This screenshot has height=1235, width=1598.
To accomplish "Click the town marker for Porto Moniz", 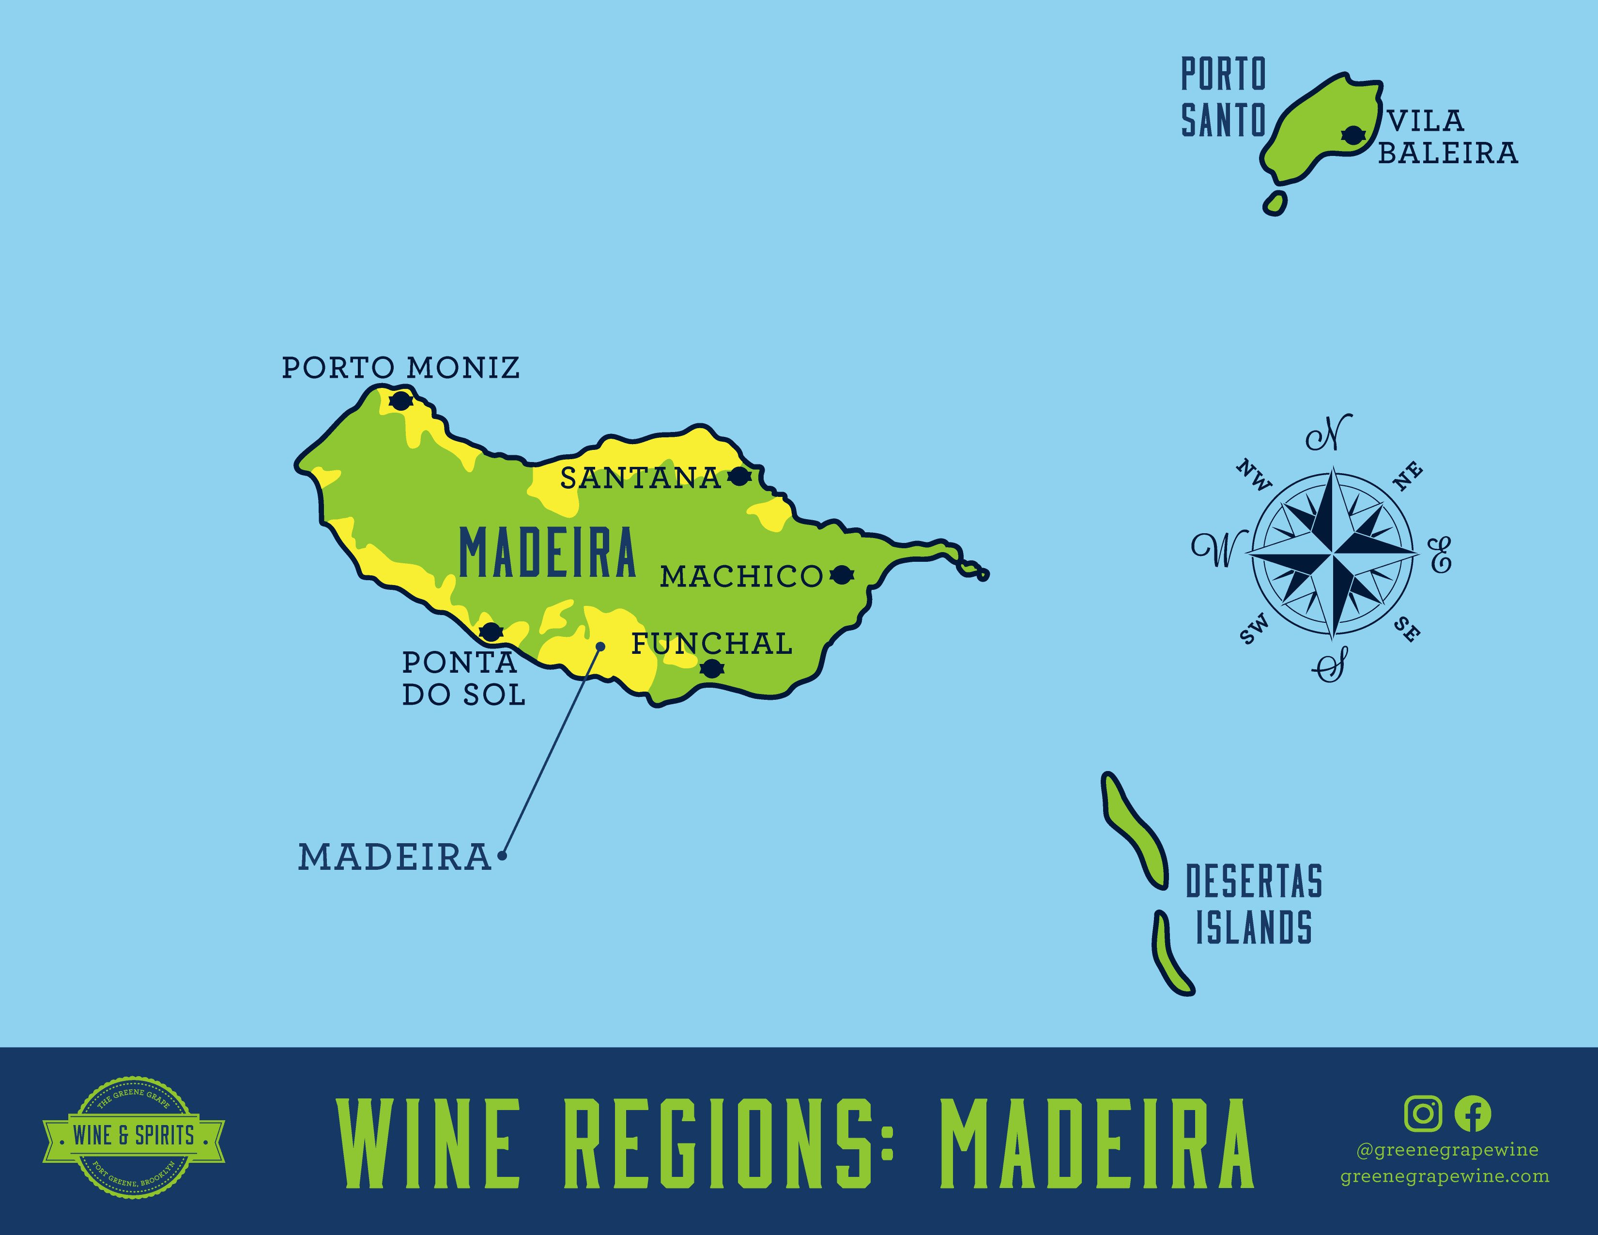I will [x=400, y=401].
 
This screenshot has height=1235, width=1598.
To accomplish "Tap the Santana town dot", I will [x=740, y=477].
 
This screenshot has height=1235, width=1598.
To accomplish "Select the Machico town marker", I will [x=842, y=575].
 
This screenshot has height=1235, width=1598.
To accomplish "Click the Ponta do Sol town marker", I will [x=490, y=632].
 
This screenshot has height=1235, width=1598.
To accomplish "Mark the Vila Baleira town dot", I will [x=1353, y=135].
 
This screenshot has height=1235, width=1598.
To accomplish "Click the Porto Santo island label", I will [x=1223, y=97].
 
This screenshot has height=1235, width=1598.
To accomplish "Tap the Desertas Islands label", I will [x=1254, y=904].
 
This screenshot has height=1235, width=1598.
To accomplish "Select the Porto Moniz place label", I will [x=400, y=367].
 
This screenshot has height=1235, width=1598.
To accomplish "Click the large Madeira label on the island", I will [x=547, y=553].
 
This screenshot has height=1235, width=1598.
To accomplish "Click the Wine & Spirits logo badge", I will [x=134, y=1136].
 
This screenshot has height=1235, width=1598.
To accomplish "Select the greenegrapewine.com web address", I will [x=1444, y=1176].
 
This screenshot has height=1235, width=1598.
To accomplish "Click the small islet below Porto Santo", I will [x=1275, y=202].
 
